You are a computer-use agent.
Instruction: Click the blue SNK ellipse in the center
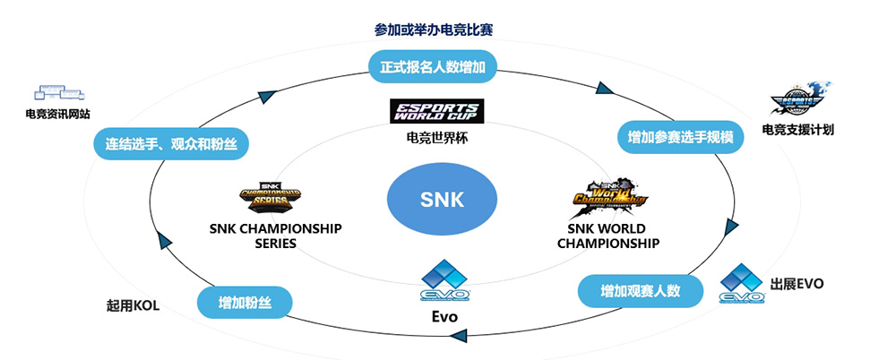[442, 199]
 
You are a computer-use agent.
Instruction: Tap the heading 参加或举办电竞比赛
[434, 30]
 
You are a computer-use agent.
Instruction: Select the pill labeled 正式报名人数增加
[434, 64]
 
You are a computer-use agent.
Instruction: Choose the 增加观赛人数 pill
[641, 290]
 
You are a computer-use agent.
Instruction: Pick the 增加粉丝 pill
[244, 302]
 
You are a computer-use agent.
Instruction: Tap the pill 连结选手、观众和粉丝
[170, 143]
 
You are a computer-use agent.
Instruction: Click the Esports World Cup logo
[436, 112]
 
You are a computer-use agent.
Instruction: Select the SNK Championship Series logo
[269, 194]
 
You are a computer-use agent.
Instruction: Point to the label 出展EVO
[797, 284]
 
